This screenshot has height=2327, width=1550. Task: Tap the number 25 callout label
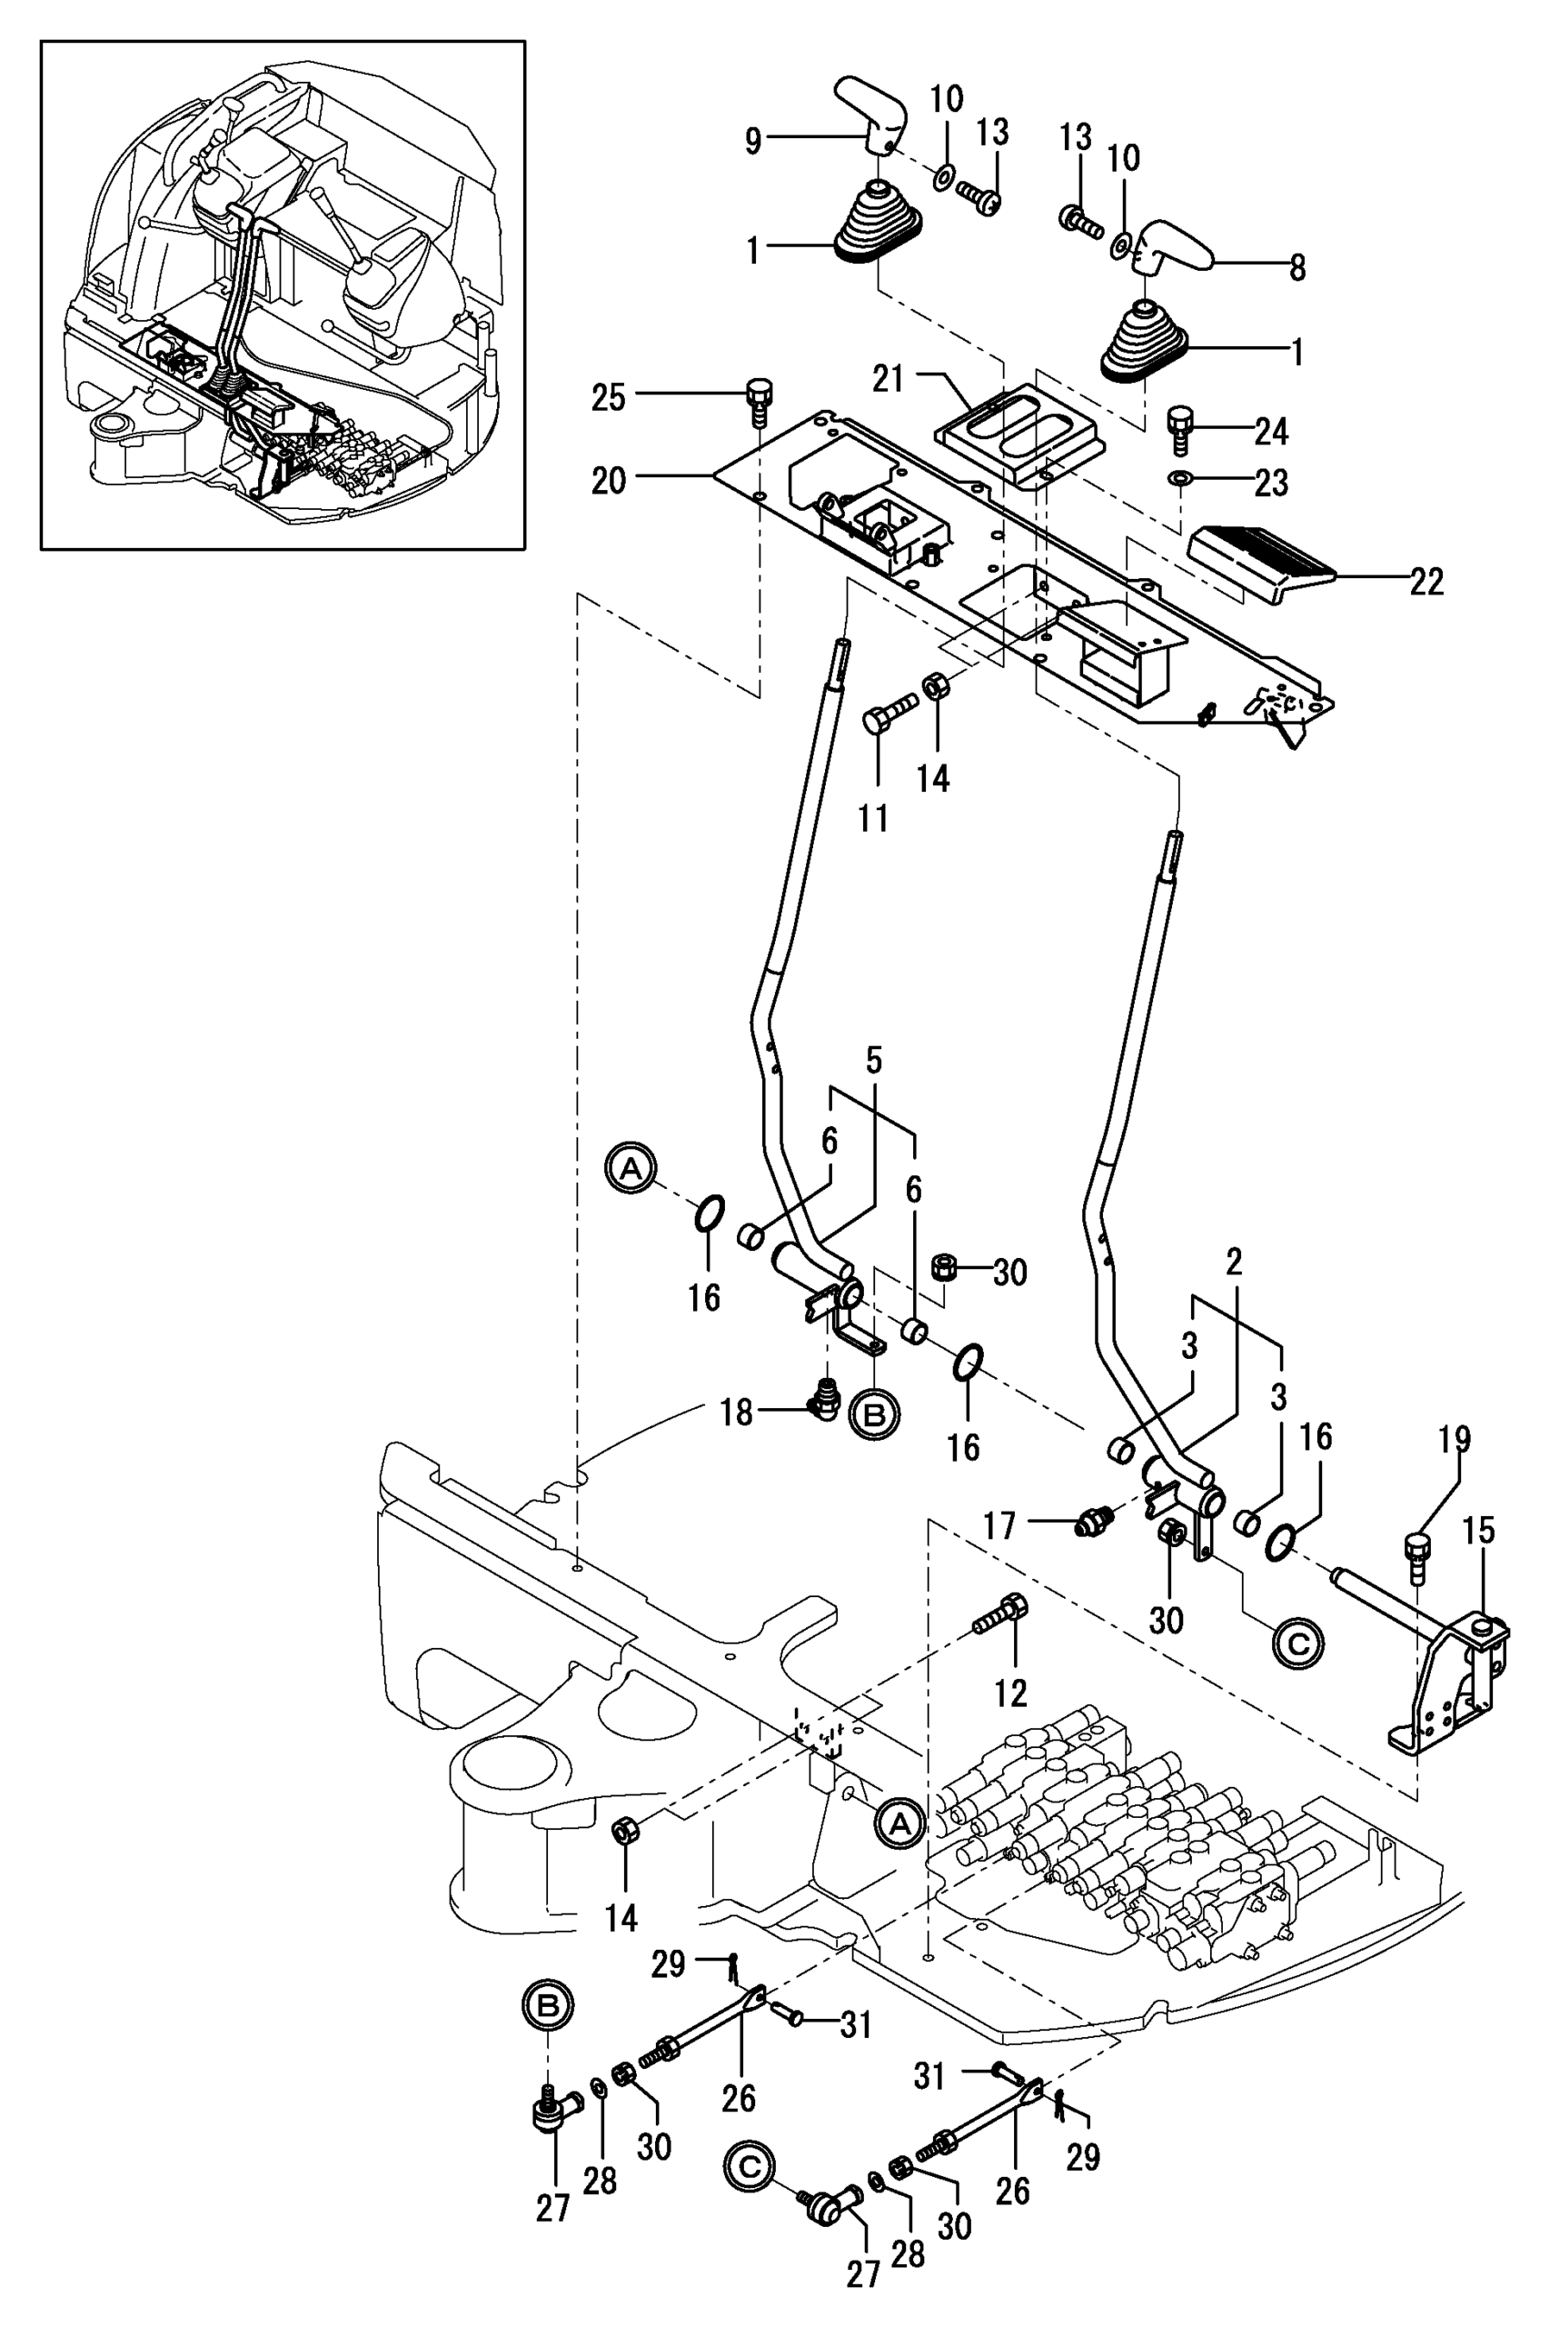(608, 398)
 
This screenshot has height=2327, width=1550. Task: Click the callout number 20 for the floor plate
(608, 482)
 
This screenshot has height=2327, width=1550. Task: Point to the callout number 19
(1454, 1438)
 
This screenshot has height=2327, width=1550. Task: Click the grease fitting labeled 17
(1093, 1523)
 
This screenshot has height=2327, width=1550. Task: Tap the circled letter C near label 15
(1300, 1643)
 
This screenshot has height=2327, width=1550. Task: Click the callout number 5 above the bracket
(873, 1062)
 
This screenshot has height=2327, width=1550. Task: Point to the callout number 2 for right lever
(1233, 1263)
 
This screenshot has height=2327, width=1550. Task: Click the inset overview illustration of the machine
(283, 295)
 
